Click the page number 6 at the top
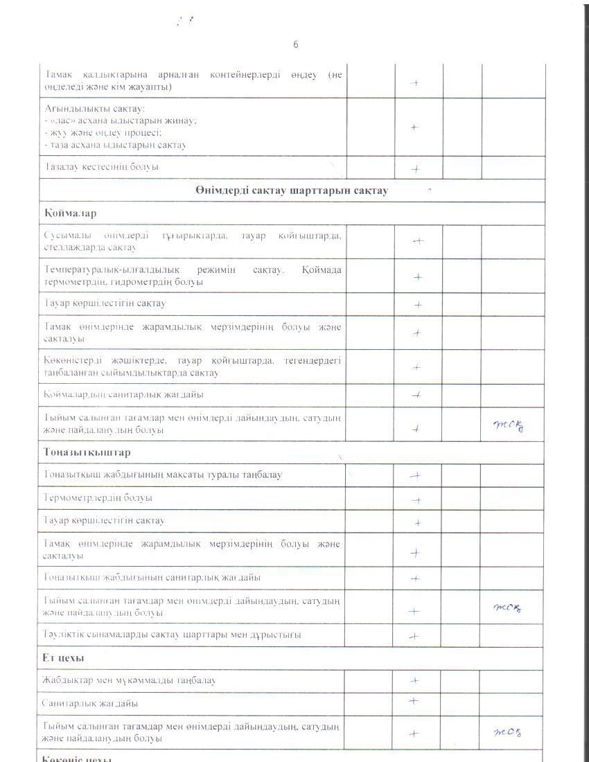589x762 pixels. pos(295,44)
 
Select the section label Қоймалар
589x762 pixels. pos(68,213)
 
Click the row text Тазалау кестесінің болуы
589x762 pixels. pos(101,167)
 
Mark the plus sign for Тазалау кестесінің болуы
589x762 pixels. pos(416,168)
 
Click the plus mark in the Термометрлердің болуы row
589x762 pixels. pos(416,499)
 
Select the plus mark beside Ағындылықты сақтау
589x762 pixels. pos(414,127)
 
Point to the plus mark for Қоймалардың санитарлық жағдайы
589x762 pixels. pos(416,395)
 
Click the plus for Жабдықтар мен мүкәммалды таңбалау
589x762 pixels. pos(416,681)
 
